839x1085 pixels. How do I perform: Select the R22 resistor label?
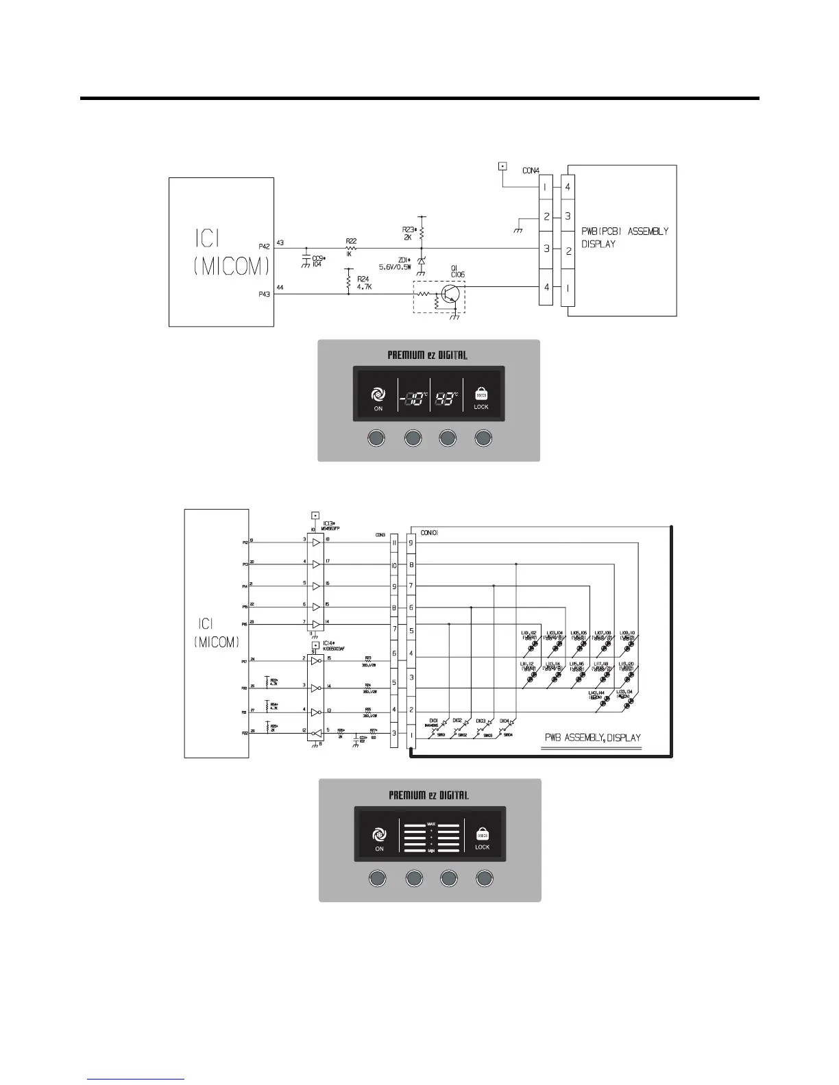(351, 247)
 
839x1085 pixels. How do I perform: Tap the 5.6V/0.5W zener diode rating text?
(401, 267)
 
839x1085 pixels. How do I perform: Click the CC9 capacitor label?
(317, 261)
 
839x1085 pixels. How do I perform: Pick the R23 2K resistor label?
(409, 234)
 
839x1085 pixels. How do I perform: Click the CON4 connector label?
(531, 171)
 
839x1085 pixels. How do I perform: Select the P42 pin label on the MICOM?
(265, 246)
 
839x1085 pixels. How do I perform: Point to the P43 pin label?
(265, 295)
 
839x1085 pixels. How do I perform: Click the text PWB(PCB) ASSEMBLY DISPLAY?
(624, 238)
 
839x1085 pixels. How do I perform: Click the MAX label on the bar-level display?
(430, 824)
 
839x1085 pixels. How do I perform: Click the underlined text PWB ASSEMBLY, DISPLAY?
(592, 738)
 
